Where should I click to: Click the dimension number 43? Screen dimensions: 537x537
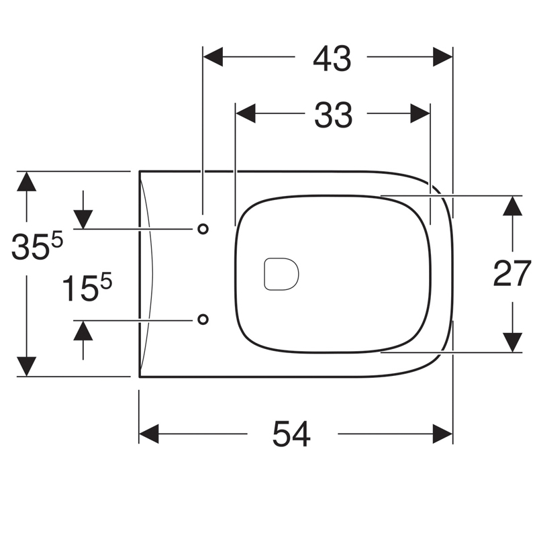pyautogui.click(x=332, y=59)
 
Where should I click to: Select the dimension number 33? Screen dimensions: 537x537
pyautogui.click(x=333, y=115)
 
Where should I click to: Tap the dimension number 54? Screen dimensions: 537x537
pyautogui.click(x=291, y=434)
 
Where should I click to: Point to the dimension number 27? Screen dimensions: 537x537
pyautogui.click(x=512, y=273)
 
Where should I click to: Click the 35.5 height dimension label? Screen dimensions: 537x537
pyautogui.click(x=37, y=245)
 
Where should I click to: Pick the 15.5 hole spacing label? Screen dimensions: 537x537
pyautogui.click(x=87, y=287)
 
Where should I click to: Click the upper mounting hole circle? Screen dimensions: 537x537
pyautogui.click(x=203, y=229)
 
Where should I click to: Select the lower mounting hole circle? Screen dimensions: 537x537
pyautogui.click(x=203, y=320)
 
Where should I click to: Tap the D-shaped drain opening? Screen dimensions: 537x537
pyautogui.click(x=281, y=274)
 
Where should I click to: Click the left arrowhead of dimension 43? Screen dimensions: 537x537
pyautogui.click(x=213, y=56)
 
